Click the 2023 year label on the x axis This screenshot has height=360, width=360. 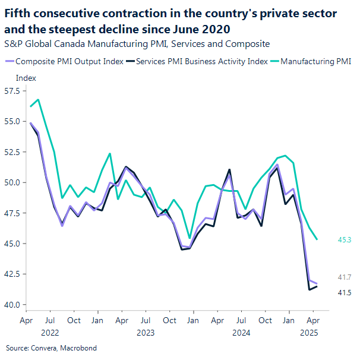click(146, 333)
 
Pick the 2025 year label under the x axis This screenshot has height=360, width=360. click(309, 333)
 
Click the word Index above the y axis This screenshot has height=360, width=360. click(26, 78)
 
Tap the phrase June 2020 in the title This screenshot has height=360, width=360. click(204, 29)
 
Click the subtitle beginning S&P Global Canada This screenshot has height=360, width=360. click(137, 43)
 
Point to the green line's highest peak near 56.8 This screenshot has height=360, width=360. click(38, 99)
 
